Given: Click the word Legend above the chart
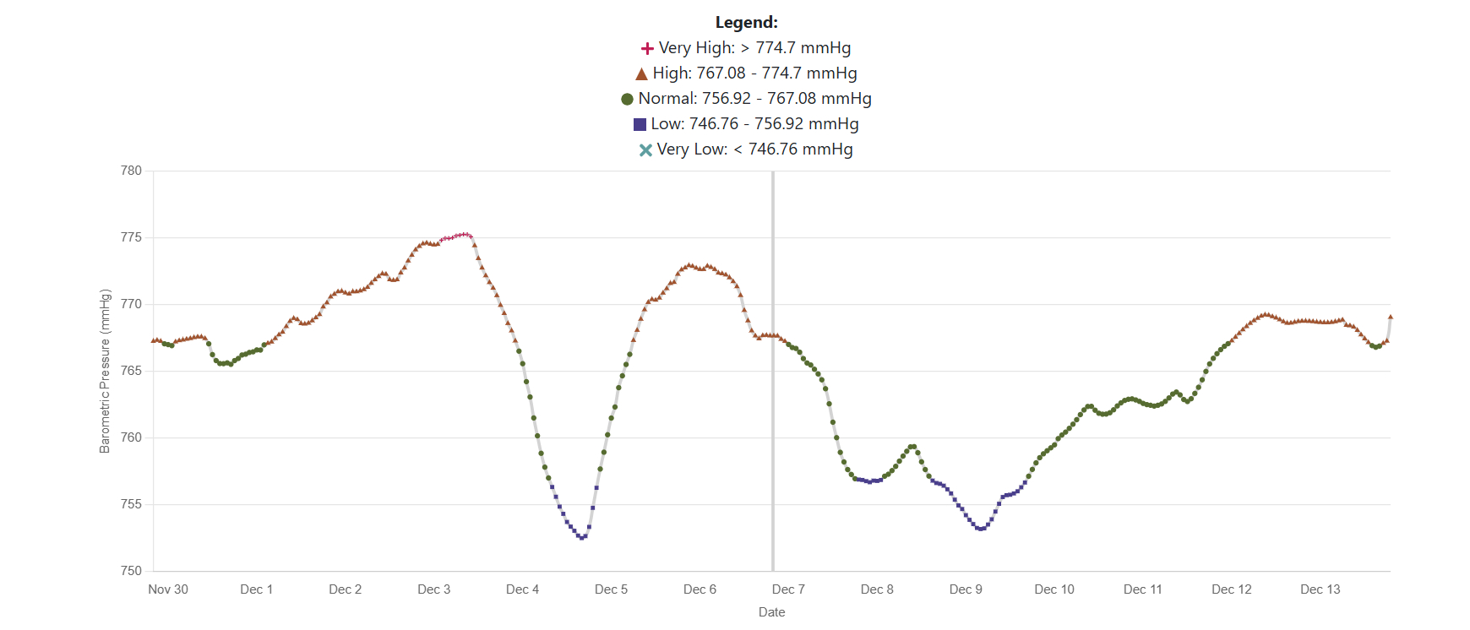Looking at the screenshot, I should [746, 23].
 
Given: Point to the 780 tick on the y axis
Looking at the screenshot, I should [131, 171].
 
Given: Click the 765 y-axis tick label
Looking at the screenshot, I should [131, 371].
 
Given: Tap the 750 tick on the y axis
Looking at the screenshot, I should [131, 571].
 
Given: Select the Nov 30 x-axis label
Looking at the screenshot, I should [168, 589].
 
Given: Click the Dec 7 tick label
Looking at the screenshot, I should [788, 589].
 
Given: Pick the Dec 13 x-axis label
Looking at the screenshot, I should [1320, 589].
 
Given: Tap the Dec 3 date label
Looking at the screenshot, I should [433, 589].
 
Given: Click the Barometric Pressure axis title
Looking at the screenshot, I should [105, 372].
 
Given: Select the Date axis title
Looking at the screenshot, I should [771, 612].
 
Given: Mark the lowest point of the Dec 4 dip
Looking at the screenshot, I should [581, 537].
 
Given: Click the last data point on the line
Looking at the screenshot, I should [1391, 318].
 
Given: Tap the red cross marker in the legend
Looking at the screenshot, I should [647, 49].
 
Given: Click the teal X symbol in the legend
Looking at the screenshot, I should [645, 150].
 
